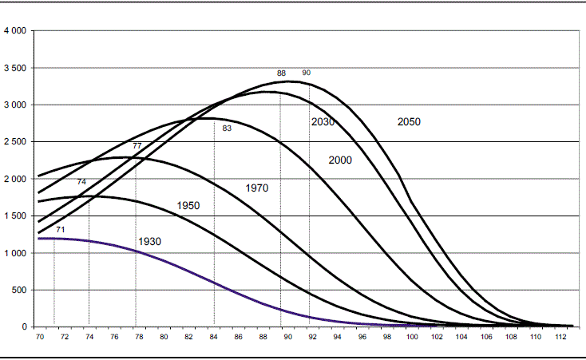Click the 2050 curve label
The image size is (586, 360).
tap(409, 122)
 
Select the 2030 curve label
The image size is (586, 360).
tap(322, 122)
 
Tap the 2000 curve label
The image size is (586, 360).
tap(340, 160)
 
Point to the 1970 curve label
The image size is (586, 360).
tap(256, 188)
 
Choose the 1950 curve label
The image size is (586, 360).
tap(188, 206)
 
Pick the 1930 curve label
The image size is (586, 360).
tap(150, 241)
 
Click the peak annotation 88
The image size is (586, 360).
tap(281, 73)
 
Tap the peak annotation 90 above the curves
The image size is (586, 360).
tap(306, 73)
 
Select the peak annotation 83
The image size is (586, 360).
tap(227, 128)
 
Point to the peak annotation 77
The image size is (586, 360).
tap(137, 146)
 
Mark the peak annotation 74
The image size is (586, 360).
tap(81, 182)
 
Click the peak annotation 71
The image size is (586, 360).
tap(61, 230)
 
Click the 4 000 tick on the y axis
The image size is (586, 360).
tap(15, 31)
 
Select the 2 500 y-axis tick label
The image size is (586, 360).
tap(15, 142)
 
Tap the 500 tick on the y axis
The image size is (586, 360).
tap(20, 290)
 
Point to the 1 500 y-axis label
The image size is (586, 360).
tap(15, 216)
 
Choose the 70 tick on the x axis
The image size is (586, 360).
tap(40, 338)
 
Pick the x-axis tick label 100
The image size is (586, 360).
tap(412, 338)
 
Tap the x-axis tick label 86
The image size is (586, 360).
tap(239, 338)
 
